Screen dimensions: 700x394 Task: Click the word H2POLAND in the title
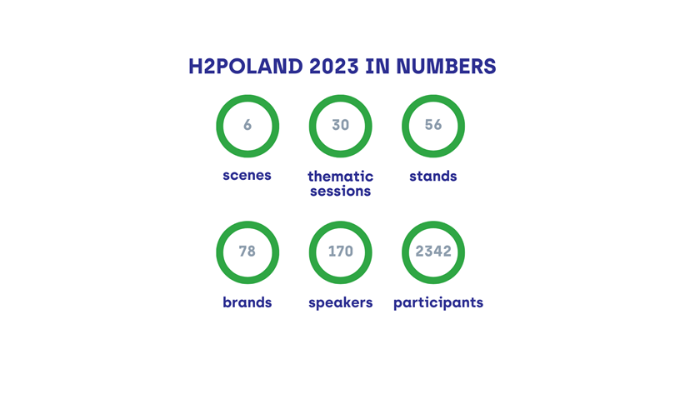[x=246, y=67]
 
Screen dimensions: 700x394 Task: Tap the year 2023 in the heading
[x=334, y=67]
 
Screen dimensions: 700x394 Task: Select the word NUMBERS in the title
[x=446, y=67]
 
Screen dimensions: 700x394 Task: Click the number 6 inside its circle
[x=247, y=125]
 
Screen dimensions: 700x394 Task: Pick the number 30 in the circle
[x=340, y=125]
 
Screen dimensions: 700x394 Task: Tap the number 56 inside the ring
[x=433, y=125]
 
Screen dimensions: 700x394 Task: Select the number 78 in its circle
[x=247, y=252]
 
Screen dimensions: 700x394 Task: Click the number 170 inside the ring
[x=340, y=252]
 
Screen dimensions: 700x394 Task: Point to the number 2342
[x=433, y=252]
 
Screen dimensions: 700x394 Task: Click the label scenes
[x=247, y=176]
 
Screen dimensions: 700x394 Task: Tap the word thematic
[x=340, y=176]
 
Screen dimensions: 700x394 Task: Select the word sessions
[x=340, y=191]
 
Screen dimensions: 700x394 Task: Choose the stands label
[x=433, y=176]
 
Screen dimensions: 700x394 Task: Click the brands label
[x=247, y=302]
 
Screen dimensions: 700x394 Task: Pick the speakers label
[x=340, y=303]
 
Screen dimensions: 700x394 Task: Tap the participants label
[x=438, y=303]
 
